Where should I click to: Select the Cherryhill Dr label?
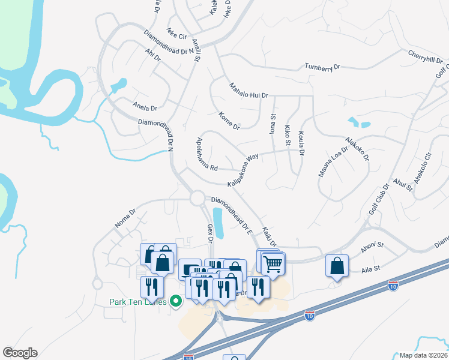425,57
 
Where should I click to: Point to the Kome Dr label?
229,121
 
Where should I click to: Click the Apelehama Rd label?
206,154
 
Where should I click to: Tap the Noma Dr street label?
125,218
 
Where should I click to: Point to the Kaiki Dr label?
268,236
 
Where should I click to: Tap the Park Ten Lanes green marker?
176,301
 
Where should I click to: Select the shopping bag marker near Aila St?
337,265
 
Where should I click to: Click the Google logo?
20,353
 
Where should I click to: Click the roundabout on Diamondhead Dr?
197,197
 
